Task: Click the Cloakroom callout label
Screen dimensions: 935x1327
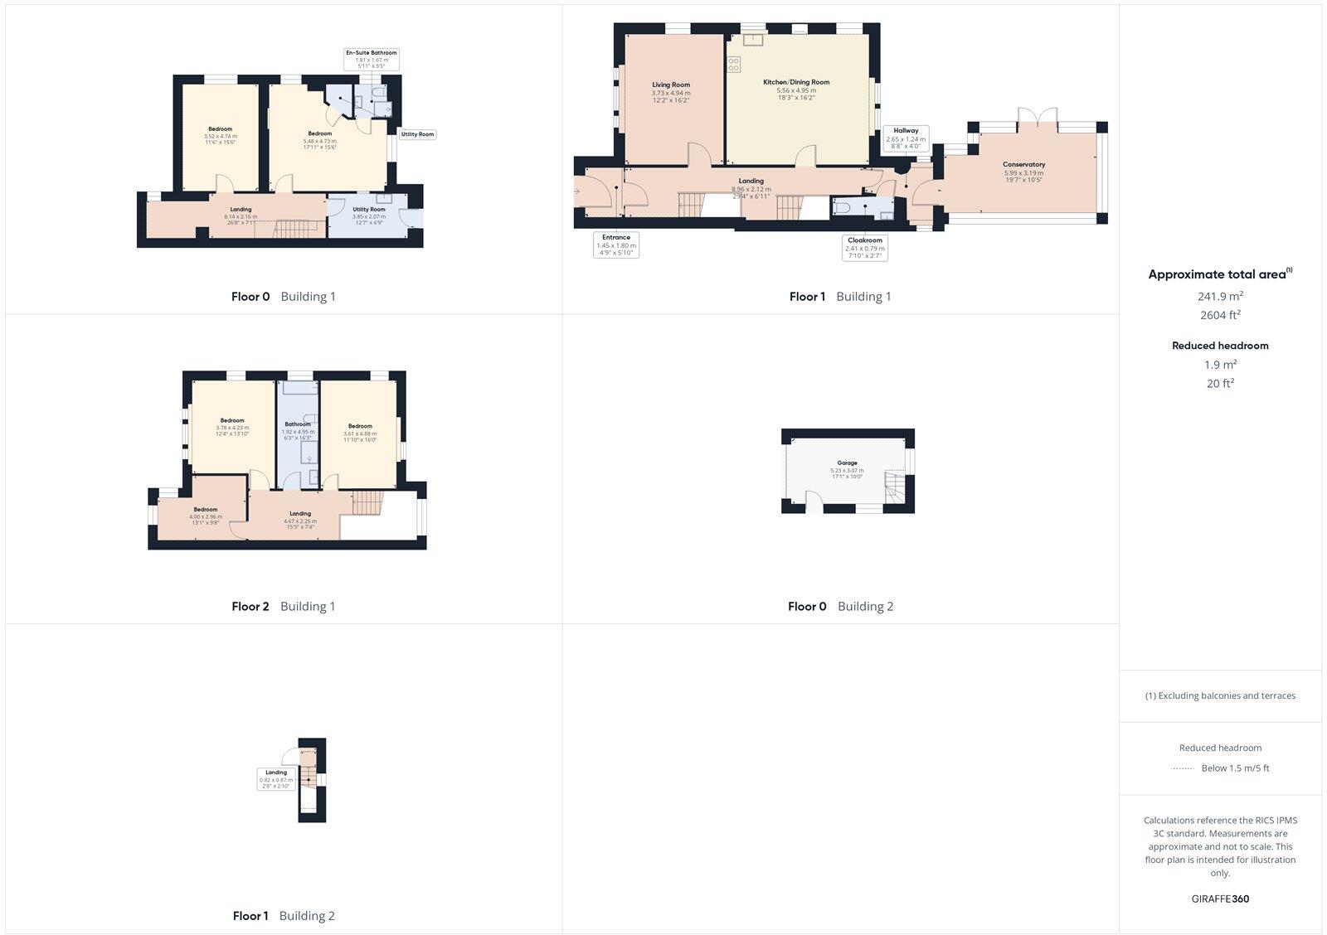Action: point(865,248)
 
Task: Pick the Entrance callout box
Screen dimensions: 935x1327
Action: point(616,245)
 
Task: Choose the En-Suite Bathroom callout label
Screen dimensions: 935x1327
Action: point(371,58)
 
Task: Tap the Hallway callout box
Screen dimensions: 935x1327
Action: point(906,135)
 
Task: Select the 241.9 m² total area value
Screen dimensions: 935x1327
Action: point(1220,295)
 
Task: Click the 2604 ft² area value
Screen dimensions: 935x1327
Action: point(1220,315)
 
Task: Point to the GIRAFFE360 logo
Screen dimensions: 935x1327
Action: point(1220,899)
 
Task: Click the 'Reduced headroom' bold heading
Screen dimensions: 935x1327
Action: point(1220,346)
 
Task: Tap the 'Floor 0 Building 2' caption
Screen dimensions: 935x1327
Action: point(840,606)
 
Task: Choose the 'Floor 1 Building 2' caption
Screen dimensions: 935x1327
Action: point(284,916)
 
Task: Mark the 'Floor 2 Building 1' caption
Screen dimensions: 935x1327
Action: point(284,606)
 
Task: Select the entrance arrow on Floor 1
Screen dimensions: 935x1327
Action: point(577,191)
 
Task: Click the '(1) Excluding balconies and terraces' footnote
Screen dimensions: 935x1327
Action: point(1220,696)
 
